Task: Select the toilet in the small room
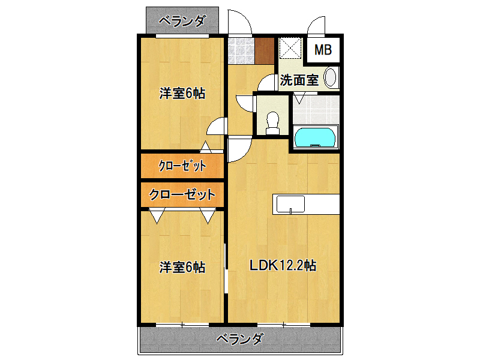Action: click(272, 121)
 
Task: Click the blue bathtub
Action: click(315, 137)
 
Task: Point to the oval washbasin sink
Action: click(331, 77)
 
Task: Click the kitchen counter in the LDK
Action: click(306, 204)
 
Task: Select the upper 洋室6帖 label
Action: click(182, 94)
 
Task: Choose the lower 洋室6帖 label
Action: click(182, 267)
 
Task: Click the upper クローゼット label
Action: click(182, 166)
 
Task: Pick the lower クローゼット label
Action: click(182, 194)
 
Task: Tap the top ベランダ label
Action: click(182, 21)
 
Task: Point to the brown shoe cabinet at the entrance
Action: click(265, 50)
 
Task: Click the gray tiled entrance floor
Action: click(241, 50)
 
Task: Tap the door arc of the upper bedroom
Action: click(217, 127)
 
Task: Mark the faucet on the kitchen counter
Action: click(291, 209)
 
